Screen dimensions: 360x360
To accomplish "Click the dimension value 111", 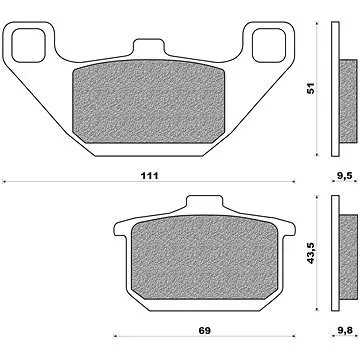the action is pyautogui.click(x=149, y=176).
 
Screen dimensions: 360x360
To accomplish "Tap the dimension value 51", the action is pyautogui.click(x=311, y=88).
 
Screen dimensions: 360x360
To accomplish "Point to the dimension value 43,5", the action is pyautogui.click(x=311, y=253).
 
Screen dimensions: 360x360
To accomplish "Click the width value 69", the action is pyautogui.click(x=205, y=331).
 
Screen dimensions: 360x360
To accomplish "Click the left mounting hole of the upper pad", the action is pyautogui.click(x=28, y=46).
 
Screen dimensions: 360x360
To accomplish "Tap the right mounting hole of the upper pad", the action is pyautogui.click(x=269, y=46).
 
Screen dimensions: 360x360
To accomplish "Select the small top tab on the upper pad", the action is pyautogui.click(x=149, y=47).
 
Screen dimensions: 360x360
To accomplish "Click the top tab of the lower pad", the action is pyautogui.click(x=204, y=202).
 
